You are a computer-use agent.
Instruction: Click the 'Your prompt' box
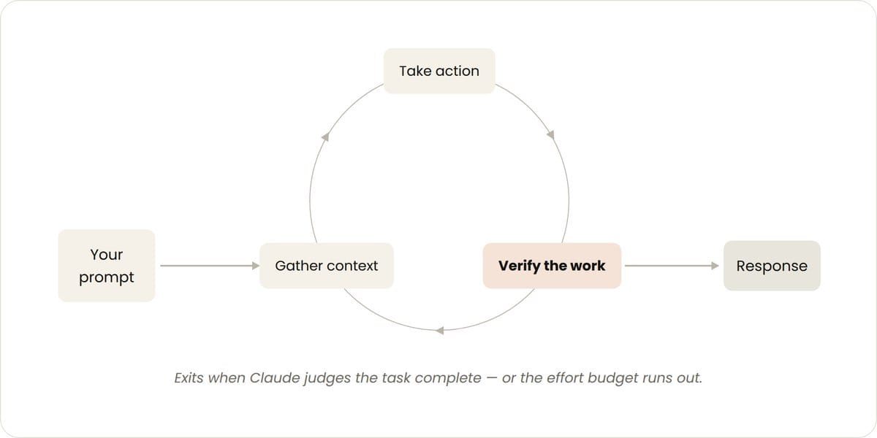tap(107, 266)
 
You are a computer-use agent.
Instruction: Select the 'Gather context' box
tap(327, 266)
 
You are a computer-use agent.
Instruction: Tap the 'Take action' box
tap(439, 71)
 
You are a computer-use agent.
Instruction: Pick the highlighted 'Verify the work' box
tap(552, 266)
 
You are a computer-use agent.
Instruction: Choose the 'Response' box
tap(772, 266)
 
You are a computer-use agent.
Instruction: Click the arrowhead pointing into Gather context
tap(256, 266)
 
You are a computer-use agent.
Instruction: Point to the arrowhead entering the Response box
tap(715, 266)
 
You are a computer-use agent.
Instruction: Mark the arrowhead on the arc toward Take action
tap(325, 137)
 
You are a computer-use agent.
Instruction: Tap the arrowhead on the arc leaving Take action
tap(551, 134)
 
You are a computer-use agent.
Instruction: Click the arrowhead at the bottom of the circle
tap(440, 331)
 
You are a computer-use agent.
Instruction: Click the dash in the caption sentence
tap(492, 378)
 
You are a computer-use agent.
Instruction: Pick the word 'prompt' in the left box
tap(107, 278)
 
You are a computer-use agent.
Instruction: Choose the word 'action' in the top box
tap(458, 72)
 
